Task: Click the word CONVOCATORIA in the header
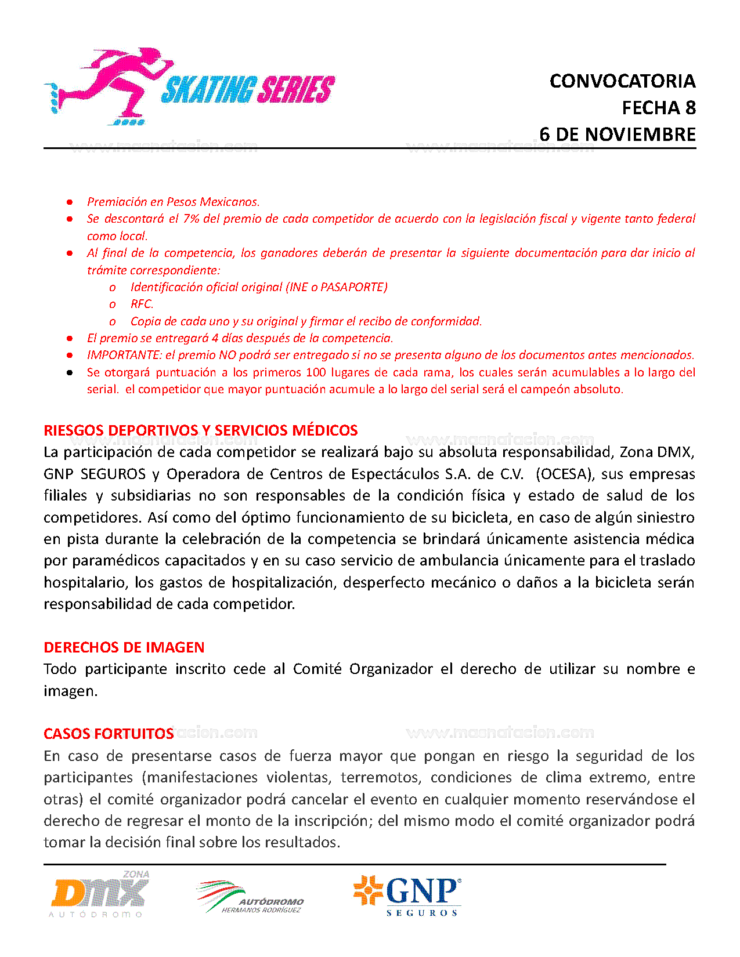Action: (622, 81)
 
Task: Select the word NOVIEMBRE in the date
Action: (640, 135)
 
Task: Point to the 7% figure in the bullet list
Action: (192, 219)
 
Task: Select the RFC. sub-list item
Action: (142, 304)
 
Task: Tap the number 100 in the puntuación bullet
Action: (316, 372)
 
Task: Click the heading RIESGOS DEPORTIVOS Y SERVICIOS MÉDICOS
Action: (201, 430)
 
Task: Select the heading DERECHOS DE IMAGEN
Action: (124, 647)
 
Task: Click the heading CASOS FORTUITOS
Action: (109, 734)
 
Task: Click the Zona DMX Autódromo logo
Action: (99, 894)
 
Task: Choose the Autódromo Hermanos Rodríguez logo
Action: (250, 897)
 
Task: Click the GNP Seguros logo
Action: (407, 896)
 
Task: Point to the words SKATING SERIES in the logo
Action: (248, 90)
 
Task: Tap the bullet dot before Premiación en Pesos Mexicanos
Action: (70, 202)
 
